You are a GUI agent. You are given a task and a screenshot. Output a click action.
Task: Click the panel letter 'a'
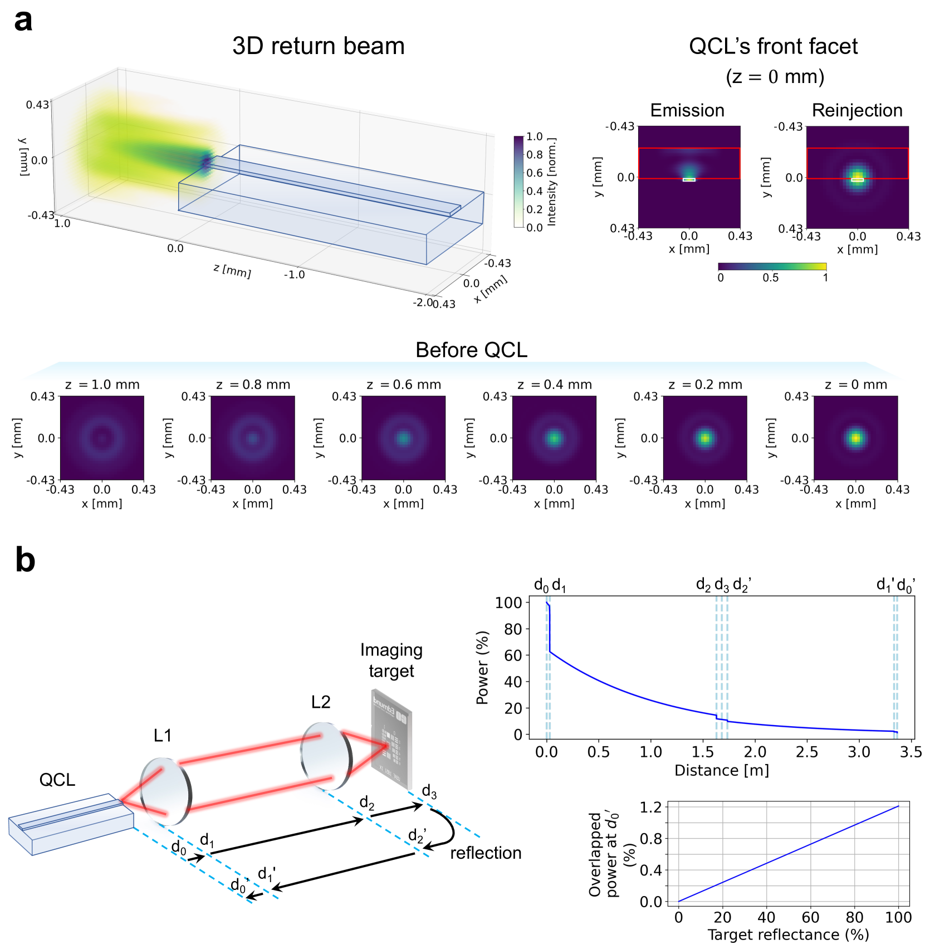tap(23, 22)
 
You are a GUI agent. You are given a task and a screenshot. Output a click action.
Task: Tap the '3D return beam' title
tap(318, 46)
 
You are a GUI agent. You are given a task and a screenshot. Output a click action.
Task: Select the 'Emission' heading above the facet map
tap(687, 110)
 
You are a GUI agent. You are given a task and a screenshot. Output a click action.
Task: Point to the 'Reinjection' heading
tap(857, 110)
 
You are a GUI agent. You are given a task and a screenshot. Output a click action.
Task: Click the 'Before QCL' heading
tap(471, 350)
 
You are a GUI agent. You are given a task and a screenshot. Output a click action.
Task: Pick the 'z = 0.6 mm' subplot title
tap(404, 385)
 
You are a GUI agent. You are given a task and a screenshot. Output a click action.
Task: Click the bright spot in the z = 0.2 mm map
tap(705, 438)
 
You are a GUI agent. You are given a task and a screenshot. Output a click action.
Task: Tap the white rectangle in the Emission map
tap(689, 179)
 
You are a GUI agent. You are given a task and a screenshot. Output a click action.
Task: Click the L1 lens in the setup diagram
tap(165, 791)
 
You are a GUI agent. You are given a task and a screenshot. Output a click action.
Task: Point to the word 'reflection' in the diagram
tap(486, 853)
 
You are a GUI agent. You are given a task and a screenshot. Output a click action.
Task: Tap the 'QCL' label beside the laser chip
tap(57, 780)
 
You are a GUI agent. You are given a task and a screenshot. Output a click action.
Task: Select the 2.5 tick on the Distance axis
tap(807, 752)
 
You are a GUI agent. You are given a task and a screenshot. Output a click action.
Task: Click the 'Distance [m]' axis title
tap(721, 771)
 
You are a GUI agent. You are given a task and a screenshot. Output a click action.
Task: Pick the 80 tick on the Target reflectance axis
tap(854, 917)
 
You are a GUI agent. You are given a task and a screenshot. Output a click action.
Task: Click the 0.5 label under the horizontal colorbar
tap(770, 277)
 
